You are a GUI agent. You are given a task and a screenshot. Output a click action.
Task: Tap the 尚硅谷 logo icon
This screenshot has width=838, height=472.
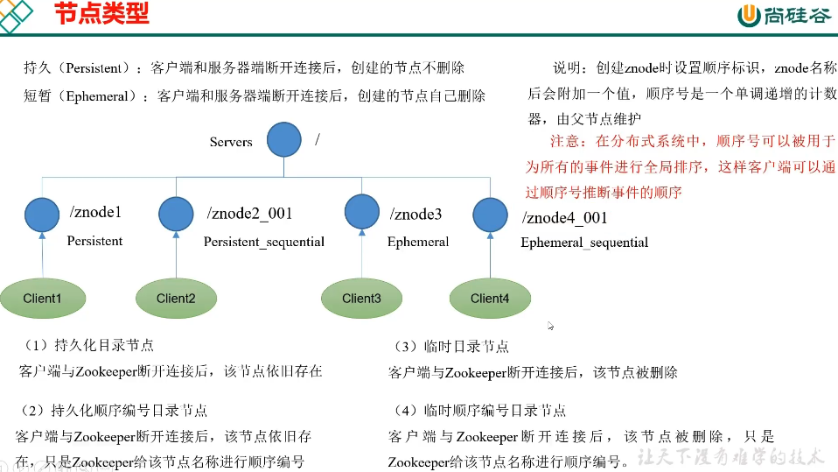coord(750,16)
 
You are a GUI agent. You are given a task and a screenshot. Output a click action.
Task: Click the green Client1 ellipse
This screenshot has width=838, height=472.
coord(43,299)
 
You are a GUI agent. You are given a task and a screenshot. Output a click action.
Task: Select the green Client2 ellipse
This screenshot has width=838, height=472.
coord(176,299)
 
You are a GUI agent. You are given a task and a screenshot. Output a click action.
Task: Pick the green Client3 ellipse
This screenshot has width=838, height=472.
coord(361,299)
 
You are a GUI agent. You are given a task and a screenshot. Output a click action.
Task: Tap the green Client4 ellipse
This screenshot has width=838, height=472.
coord(490,299)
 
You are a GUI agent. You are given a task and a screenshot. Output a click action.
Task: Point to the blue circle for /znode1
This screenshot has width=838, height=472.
coord(43,214)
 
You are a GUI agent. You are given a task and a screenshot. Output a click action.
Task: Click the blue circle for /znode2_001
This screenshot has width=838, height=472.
coord(176,214)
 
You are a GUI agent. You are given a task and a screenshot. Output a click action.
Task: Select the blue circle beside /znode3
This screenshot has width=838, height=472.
coord(361,211)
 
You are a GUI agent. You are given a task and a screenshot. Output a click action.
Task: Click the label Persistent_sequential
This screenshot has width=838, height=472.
coord(263,242)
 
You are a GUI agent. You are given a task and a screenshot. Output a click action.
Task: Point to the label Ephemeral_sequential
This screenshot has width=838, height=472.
coord(584,243)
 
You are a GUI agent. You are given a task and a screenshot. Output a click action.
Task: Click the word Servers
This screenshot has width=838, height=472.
coord(231,142)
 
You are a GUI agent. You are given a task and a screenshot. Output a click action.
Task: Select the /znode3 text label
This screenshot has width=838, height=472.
coord(416,214)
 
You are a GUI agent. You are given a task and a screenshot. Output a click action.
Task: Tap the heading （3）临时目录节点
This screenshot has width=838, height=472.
coord(452,348)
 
